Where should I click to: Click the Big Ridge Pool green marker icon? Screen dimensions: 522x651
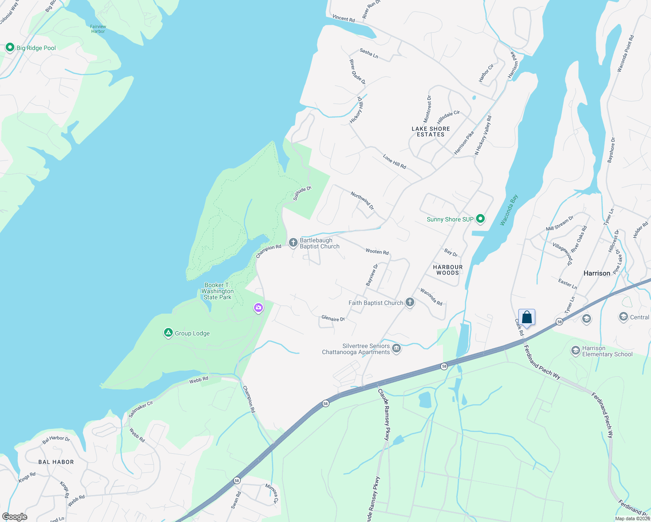pyautogui.click(x=10, y=47)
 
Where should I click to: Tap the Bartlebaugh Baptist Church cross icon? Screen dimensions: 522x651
pyautogui.click(x=293, y=242)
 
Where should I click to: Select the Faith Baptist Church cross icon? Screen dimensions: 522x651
pyautogui.click(x=409, y=302)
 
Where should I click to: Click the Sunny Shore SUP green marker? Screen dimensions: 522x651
pyautogui.click(x=480, y=219)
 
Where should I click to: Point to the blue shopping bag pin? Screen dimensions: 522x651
pyautogui.click(x=527, y=318)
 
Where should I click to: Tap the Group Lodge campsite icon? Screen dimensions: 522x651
pyautogui.click(x=168, y=333)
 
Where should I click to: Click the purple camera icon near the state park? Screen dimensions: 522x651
pyautogui.click(x=258, y=308)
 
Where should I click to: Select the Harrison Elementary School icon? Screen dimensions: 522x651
pyautogui.click(x=576, y=351)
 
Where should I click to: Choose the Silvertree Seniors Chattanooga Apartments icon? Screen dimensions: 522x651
pyautogui.click(x=396, y=348)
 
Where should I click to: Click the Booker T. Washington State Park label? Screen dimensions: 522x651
pyautogui.click(x=218, y=291)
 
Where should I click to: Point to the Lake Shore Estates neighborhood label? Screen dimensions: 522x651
pyautogui.click(x=431, y=131)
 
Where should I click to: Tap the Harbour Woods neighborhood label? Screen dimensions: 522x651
pyautogui.click(x=448, y=270)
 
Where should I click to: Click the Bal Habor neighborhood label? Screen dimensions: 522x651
pyautogui.click(x=56, y=462)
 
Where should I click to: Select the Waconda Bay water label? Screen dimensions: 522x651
pyautogui.click(x=509, y=210)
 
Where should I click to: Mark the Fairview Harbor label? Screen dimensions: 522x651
pyautogui.click(x=98, y=29)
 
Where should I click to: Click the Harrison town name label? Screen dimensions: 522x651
pyautogui.click(x=597, y=273)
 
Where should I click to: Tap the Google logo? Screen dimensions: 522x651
pyautogui.click(x=14, y=517)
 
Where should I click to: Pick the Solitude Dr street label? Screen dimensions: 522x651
pyautogui.click(x=302, y=193)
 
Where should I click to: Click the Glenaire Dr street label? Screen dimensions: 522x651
pyautogui.click(x=333, y=318)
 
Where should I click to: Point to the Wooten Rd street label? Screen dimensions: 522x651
pyautogui.click(x=377, y=251)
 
